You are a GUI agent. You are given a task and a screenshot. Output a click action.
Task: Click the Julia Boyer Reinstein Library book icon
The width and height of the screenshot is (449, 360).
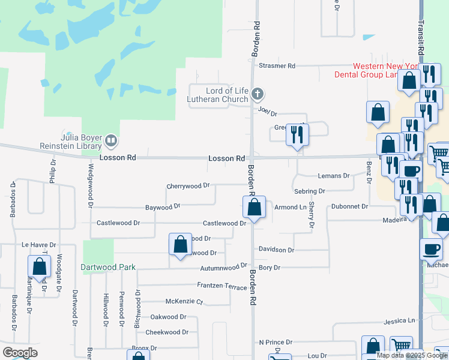click(x=110, y=142)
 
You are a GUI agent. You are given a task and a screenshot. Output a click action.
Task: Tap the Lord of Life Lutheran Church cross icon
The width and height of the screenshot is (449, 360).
click(x=258, y=94)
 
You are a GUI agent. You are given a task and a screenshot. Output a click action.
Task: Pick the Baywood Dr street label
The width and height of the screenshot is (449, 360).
click(x=163, y=207)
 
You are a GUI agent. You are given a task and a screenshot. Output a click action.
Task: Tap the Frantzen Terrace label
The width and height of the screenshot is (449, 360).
click(x=221, y=287)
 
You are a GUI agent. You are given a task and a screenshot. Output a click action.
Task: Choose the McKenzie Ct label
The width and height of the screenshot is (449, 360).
click(x=184, y=302)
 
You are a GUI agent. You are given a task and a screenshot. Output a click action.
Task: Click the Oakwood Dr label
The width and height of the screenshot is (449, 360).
click(x=168, y=317)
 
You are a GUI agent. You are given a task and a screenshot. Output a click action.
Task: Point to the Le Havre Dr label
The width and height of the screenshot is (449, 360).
click(x=38, y=245)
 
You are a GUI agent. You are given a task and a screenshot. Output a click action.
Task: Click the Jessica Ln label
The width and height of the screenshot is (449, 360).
click(x=399, y=321)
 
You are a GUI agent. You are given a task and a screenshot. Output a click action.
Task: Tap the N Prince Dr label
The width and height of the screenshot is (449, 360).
click(x=275, y=342)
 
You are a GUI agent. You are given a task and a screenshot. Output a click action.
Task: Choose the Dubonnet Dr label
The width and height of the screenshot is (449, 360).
click(x=349, y=206)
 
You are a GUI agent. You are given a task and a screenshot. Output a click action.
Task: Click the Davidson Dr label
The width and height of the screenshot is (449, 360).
click(x=276, y=250)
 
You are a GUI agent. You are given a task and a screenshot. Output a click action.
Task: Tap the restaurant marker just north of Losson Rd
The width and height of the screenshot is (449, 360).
click(x=297, y=135)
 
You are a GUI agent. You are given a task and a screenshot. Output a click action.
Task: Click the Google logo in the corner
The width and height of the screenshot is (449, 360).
click(x=20, y=352)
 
